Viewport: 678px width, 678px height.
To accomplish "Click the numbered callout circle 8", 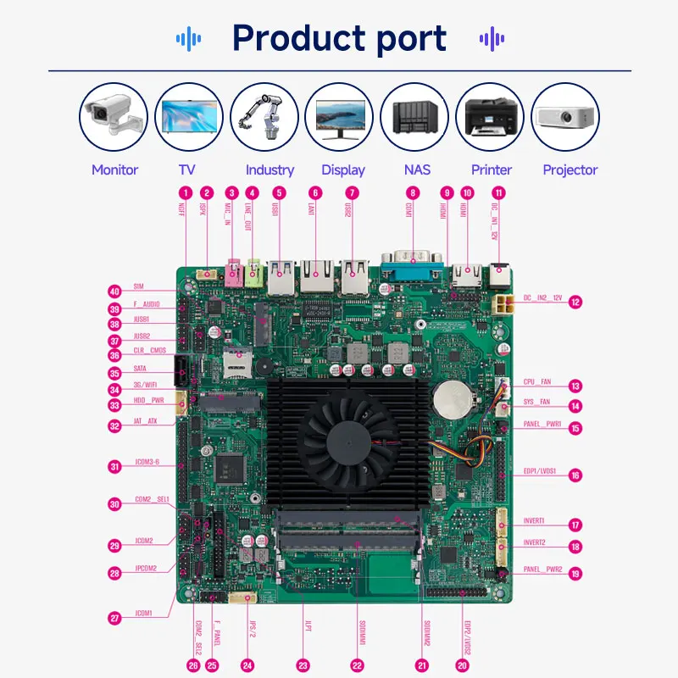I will (x=412, y=192).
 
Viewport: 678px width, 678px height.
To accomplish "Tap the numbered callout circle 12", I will (x=575, y=301).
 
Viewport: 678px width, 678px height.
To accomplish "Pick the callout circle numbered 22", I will (x=357, y=665).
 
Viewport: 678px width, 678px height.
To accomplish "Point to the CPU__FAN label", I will (x=536, y=382).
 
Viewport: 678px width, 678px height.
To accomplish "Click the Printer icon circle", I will (x=490, y=117).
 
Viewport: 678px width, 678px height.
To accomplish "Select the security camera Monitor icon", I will (x=114, y=117).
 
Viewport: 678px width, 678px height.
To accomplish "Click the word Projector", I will (x=570, y=169).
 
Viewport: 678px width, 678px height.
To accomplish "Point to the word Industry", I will (x=270, y=169).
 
